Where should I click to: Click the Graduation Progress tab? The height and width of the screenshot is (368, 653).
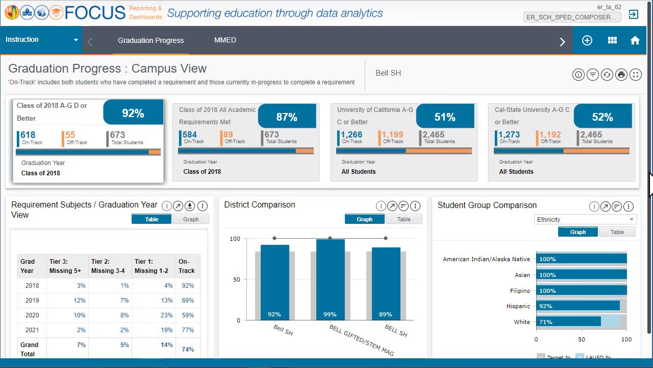pos(150,40)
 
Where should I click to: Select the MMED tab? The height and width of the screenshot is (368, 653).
pos(225,40)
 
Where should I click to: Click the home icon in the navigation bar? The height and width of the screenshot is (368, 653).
pos(635,40)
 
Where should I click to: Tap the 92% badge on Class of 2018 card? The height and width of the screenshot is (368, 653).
pos(133,113)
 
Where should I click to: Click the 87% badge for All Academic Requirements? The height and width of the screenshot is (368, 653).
pos(286,117)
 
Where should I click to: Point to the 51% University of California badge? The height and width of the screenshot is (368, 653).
pos(444,117)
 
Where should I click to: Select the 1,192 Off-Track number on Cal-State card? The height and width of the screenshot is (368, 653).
pos(549,135)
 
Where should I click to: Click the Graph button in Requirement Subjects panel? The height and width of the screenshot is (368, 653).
pos(191,219)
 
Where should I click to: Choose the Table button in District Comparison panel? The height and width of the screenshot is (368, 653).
pos(404,219)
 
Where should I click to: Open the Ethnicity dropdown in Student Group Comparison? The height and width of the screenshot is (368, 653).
pos(585,219)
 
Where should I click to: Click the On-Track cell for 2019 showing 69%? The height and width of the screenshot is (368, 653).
pos(187,301)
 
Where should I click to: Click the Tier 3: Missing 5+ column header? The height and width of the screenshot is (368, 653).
pos(65,266)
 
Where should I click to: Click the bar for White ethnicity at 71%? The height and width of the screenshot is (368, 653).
pos(568,322)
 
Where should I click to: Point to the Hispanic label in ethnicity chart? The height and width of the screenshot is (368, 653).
pos(518,306)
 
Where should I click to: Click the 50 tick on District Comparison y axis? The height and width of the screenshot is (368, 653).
pos(236,280)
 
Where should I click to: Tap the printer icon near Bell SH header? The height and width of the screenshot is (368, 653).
pos(621,75)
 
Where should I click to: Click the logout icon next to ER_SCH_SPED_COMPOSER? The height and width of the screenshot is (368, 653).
pos(633,14)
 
